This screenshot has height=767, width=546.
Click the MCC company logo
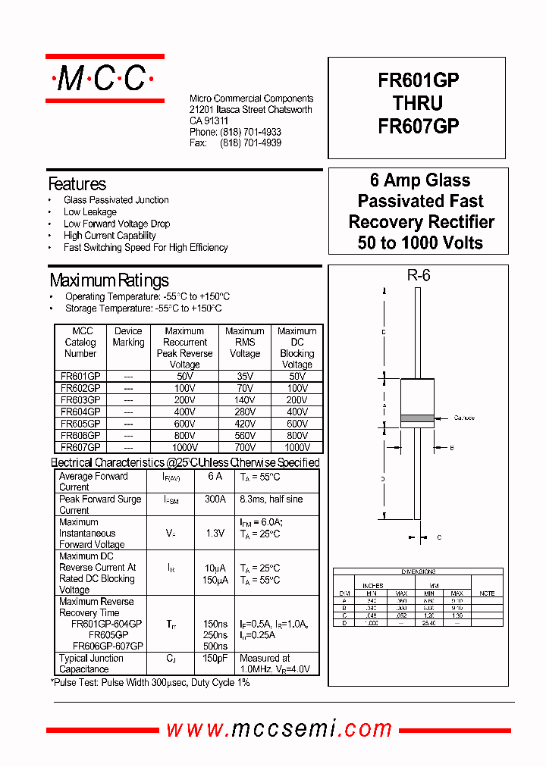(x=105, y=79)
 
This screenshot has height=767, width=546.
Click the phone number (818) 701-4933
(x=250, y=132)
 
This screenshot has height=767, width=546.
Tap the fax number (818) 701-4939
(x=250, y=143)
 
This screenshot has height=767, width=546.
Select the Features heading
(x=77, y=184)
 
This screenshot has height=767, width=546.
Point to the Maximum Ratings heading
(x=109, y=280)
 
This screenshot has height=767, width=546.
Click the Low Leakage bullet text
(x=90, y=212)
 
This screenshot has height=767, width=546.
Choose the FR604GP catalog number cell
(x=80, y=412)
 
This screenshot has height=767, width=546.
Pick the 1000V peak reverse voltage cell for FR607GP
(x=184, y=447)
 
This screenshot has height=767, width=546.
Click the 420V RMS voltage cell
(x=244, y=424)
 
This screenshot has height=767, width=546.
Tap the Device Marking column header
(x=128, y=337)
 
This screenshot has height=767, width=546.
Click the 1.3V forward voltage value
(x=215, y=534)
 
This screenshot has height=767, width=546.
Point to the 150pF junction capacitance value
(x=215, y=659)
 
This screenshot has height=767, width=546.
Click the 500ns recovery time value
(x=215, y=646)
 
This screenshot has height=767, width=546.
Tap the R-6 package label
(x=418, y=276)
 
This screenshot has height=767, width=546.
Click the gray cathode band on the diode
(x=417, y=418)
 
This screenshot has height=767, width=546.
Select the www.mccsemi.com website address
(x=279, y=729)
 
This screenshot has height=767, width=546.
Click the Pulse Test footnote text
(x=150, y=683)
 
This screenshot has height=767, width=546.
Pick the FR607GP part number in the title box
(x=419, y=126)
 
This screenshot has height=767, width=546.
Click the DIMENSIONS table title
(x=419, y=571)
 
